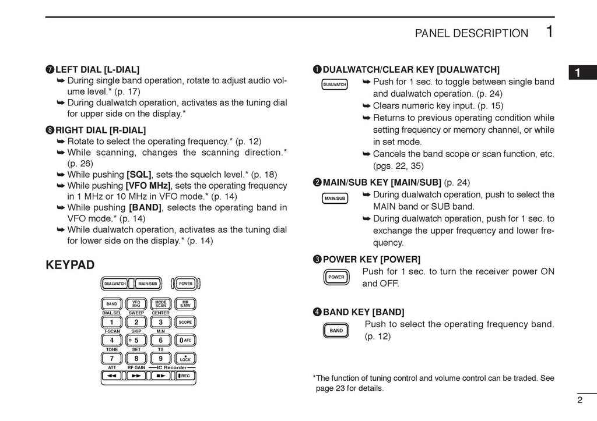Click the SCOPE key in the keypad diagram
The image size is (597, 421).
click(x=185, y=322)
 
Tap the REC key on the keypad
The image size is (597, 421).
click(x=185, y=376)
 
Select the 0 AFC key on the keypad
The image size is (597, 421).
click(x=185, y=340)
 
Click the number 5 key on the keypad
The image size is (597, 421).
click(x=136, y=340)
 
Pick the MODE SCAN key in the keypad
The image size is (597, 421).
click(x=161, y=304)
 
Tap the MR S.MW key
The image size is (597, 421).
click(x=185, y=304)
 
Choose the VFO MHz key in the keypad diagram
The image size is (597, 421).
click(x=136, y=304)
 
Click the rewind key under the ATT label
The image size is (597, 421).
click(x=111, y=376)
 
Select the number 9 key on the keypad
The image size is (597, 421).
click(x=161, y=358)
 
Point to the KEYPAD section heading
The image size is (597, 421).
click(x=70, y=266)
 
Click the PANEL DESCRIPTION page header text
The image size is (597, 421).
click(x=471, y=34)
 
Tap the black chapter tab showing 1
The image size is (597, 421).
click(x=577, y=73)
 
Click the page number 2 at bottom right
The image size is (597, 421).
click(x=580, y=399)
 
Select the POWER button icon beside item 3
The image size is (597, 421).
click(x=336, y=277)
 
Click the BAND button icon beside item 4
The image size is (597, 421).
click(x=336, y=331)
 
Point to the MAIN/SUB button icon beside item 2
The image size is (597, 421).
click(x=335, y=199)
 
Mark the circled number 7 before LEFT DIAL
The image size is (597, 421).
click(x=50, y=69)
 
